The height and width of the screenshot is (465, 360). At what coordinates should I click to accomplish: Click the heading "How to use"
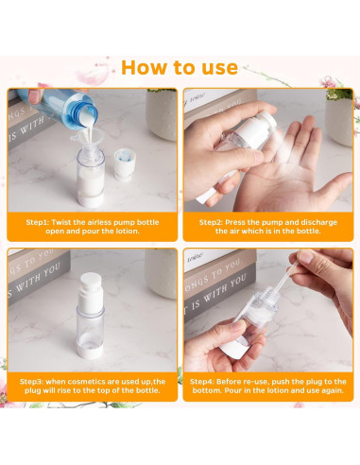coord(180,67)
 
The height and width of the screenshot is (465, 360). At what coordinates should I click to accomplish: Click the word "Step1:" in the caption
coord(38,222)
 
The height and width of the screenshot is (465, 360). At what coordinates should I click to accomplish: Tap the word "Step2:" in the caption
coord(211,222)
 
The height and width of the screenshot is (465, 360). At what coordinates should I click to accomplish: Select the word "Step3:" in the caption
coord(32,382)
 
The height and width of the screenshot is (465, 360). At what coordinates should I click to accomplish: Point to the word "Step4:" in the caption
coord(202,382)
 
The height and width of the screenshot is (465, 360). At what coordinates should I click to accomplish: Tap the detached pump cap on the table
coord(123,164)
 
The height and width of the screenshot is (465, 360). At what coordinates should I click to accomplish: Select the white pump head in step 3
coord(91,291)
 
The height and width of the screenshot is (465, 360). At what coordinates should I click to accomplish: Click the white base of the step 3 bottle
coord(90,350)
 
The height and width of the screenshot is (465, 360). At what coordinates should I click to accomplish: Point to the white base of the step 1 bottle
coord(91,200)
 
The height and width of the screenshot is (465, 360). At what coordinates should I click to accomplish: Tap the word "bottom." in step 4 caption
coord(207,390)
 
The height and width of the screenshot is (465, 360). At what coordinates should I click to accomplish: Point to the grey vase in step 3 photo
coord(162,273)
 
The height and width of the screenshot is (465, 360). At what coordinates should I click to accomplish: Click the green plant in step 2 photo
coord(339,94)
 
